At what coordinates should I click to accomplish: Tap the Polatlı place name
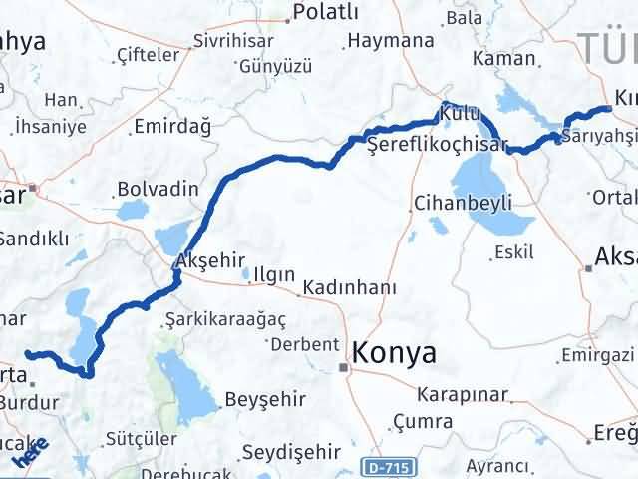(x=320, y=15)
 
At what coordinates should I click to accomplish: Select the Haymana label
(x=390, y=41)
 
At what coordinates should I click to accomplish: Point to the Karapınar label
(x=462, y=393)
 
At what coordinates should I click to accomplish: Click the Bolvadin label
(x=151, y=188)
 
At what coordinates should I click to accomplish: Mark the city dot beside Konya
(x=345, y=368)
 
